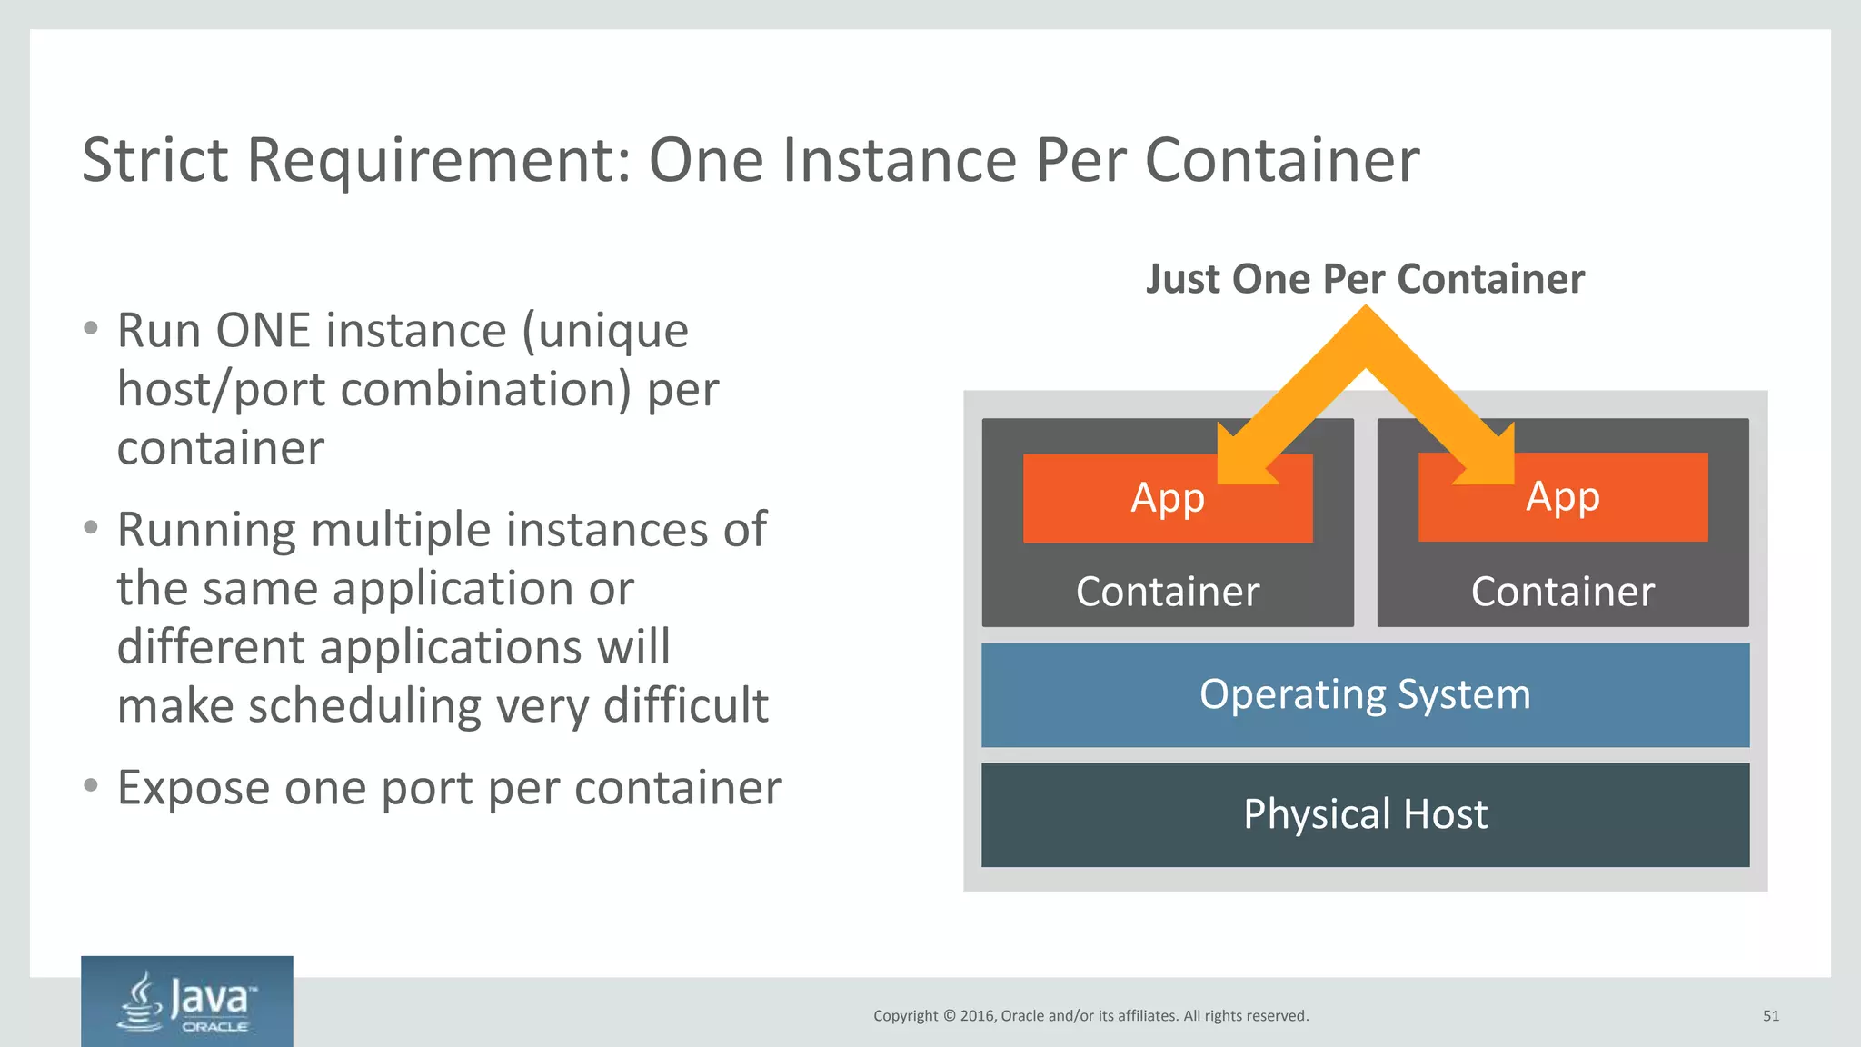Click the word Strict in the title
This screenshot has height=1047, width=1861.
point(154,160)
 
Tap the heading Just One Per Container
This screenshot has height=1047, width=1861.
point(1365,279)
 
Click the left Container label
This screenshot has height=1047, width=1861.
point(1168,592)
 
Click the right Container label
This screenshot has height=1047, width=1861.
point(1563,592)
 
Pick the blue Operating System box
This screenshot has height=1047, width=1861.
point(1365,695)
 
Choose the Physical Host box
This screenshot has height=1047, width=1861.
point(1365,814)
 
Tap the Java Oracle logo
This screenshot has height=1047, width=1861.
point(187,1002)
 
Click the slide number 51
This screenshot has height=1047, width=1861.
point(1770,1016)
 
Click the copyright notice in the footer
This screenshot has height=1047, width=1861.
point(1090,1016)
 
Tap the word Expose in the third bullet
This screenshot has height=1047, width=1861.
point(194,788)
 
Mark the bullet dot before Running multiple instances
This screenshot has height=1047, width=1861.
point(90,527)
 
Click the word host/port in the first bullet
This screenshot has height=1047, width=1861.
point(222,390)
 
